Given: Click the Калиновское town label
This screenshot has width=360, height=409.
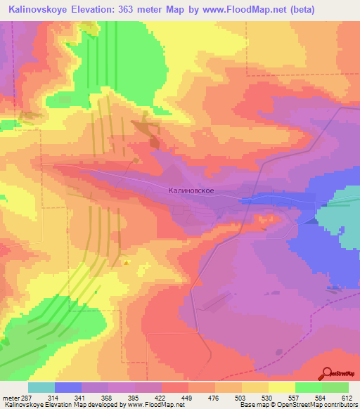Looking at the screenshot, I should (x=191, y=190).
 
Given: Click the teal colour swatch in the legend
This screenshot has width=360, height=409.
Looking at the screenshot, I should (x=41, y=387).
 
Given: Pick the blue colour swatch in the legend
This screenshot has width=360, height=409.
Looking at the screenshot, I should (x=68, y=387).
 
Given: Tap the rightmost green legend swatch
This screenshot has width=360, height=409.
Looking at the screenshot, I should (x=335, y=387).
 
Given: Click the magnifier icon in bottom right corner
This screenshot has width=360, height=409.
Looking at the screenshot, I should (x=327, y=373).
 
